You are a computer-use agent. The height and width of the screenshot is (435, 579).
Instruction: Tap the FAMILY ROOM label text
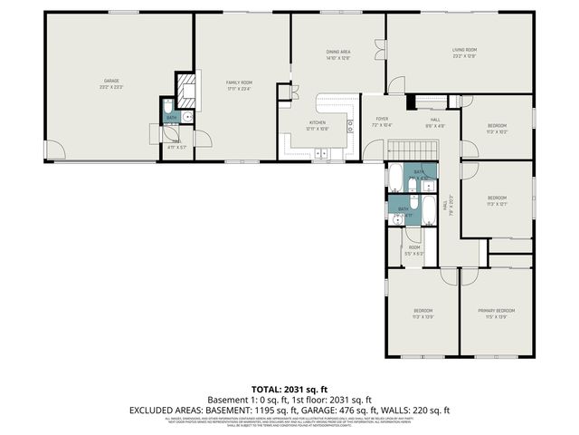coord(239,82)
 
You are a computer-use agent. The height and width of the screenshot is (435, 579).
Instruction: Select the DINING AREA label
coord(338,53)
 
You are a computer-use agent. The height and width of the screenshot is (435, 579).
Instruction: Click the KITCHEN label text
coord(318,122)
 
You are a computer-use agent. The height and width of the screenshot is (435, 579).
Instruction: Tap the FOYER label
coord(382,119)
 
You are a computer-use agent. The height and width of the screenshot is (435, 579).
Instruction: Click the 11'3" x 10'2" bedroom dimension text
coord(497,131)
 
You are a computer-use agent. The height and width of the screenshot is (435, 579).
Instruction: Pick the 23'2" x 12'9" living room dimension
coord(464,56)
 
